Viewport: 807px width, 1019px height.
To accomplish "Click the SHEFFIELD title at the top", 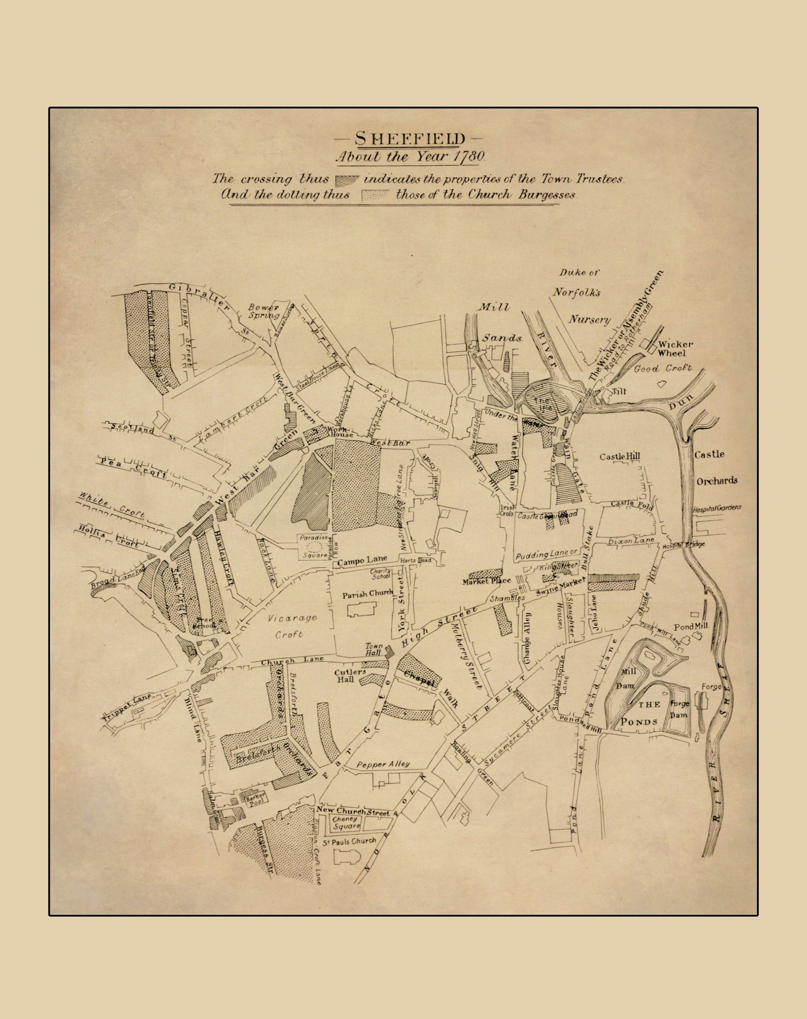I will tap(409, 139).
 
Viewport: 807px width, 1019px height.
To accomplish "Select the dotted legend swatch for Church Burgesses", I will tap(376, 195).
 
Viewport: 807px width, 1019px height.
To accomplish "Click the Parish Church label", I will tap(367, 594).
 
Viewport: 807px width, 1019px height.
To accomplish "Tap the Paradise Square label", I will tap(313, 546).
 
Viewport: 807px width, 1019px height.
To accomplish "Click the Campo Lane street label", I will tap(362, 561).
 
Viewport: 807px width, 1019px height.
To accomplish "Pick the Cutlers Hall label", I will tap(350, 675).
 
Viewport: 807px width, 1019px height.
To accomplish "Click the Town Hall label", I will tap(374, 649).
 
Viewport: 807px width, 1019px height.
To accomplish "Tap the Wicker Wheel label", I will tap(676, 349).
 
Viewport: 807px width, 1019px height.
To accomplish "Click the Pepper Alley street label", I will tap(383, 764).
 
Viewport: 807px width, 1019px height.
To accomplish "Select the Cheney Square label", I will tap(346, 822).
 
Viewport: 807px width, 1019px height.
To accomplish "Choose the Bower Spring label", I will tap(265, 311).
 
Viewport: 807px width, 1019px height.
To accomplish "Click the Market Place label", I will tap(487, 580).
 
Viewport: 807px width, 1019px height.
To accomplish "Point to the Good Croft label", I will tap(662, 368).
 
